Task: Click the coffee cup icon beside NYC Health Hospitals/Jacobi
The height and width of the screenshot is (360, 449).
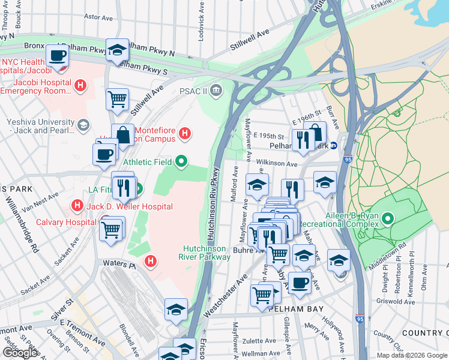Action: click(58, 56)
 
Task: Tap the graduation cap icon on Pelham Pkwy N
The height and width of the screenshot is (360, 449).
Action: click(118, 50)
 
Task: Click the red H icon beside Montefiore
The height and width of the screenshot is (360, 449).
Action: click(185, 133)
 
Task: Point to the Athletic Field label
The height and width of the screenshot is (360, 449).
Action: click(148, 162)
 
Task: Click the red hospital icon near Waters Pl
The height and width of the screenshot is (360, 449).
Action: click(151, 261)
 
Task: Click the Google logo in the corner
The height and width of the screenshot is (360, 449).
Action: click(20, 353)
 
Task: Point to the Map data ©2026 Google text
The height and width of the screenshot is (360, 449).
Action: click(411, 355)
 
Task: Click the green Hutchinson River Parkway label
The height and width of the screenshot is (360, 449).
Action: click(206, 253)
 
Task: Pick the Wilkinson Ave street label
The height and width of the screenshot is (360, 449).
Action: click(277, 163)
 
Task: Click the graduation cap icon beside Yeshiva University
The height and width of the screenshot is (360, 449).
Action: click(82, 125)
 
